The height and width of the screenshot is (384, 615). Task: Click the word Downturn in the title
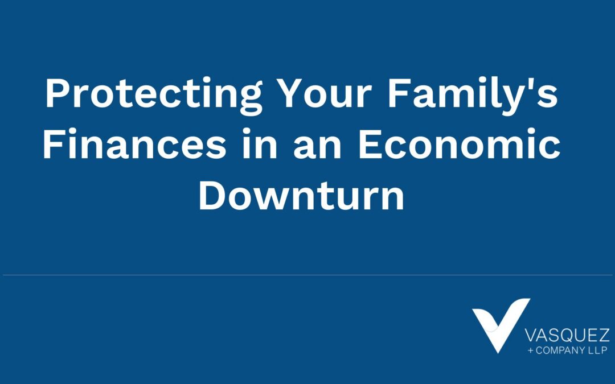[x=302, y=196]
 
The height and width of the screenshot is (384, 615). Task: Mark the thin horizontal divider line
[x=307, y=275]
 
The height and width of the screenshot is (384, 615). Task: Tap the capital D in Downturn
[x=211, y=196]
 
